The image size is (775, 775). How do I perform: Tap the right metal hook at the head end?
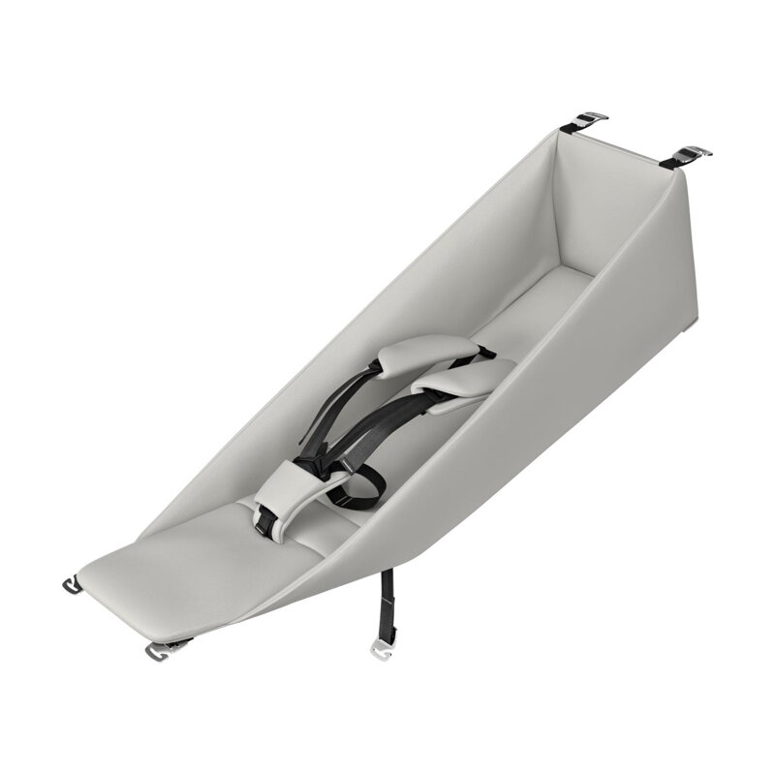(691, 152)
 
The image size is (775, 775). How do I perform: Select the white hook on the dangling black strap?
(381, 648)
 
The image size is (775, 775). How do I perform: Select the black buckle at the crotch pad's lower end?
(263, 523)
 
